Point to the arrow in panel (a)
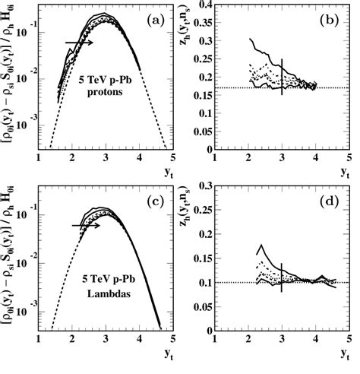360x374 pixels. pos(78,43)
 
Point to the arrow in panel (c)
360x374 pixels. pos(86,225)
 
